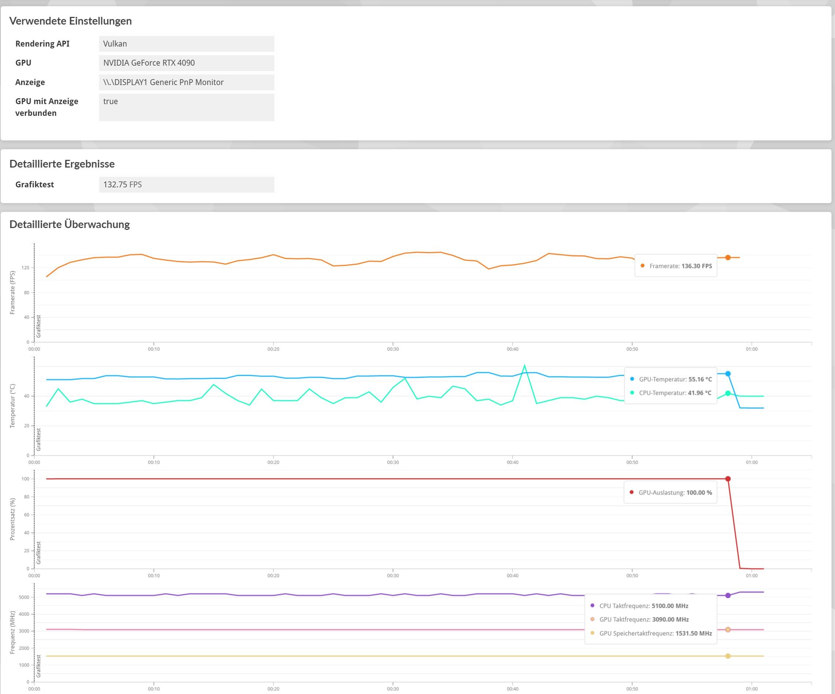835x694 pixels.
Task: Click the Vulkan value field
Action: click(186, 44)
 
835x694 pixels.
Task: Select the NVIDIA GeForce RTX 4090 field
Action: click(186, 63)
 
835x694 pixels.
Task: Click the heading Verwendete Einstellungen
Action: click(70, 21)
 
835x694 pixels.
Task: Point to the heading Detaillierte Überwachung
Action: click(70, 224)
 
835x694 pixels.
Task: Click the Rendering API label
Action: click(42, 44)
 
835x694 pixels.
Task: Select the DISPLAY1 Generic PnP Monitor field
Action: click(186, 82)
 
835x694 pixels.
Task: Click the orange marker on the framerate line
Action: click(728, 257)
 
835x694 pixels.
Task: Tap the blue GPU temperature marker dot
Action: click(728, 374)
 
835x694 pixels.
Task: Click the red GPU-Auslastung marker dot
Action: click(728, 479)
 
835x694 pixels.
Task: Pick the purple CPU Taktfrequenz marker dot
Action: click(728, 596)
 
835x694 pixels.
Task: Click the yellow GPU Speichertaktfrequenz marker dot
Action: click(728, 656)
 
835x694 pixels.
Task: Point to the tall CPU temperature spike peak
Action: click(524, 365)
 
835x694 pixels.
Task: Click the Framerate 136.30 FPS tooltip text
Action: click(680, 266)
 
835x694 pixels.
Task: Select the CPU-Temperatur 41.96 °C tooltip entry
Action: click(675, 393)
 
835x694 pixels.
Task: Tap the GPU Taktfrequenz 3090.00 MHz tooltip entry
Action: click(644, 620)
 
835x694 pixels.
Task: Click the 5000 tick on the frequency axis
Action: click(24, 597)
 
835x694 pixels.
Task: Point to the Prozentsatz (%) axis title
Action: click(12, 519)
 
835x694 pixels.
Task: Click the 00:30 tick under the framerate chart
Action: click(393, 349)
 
